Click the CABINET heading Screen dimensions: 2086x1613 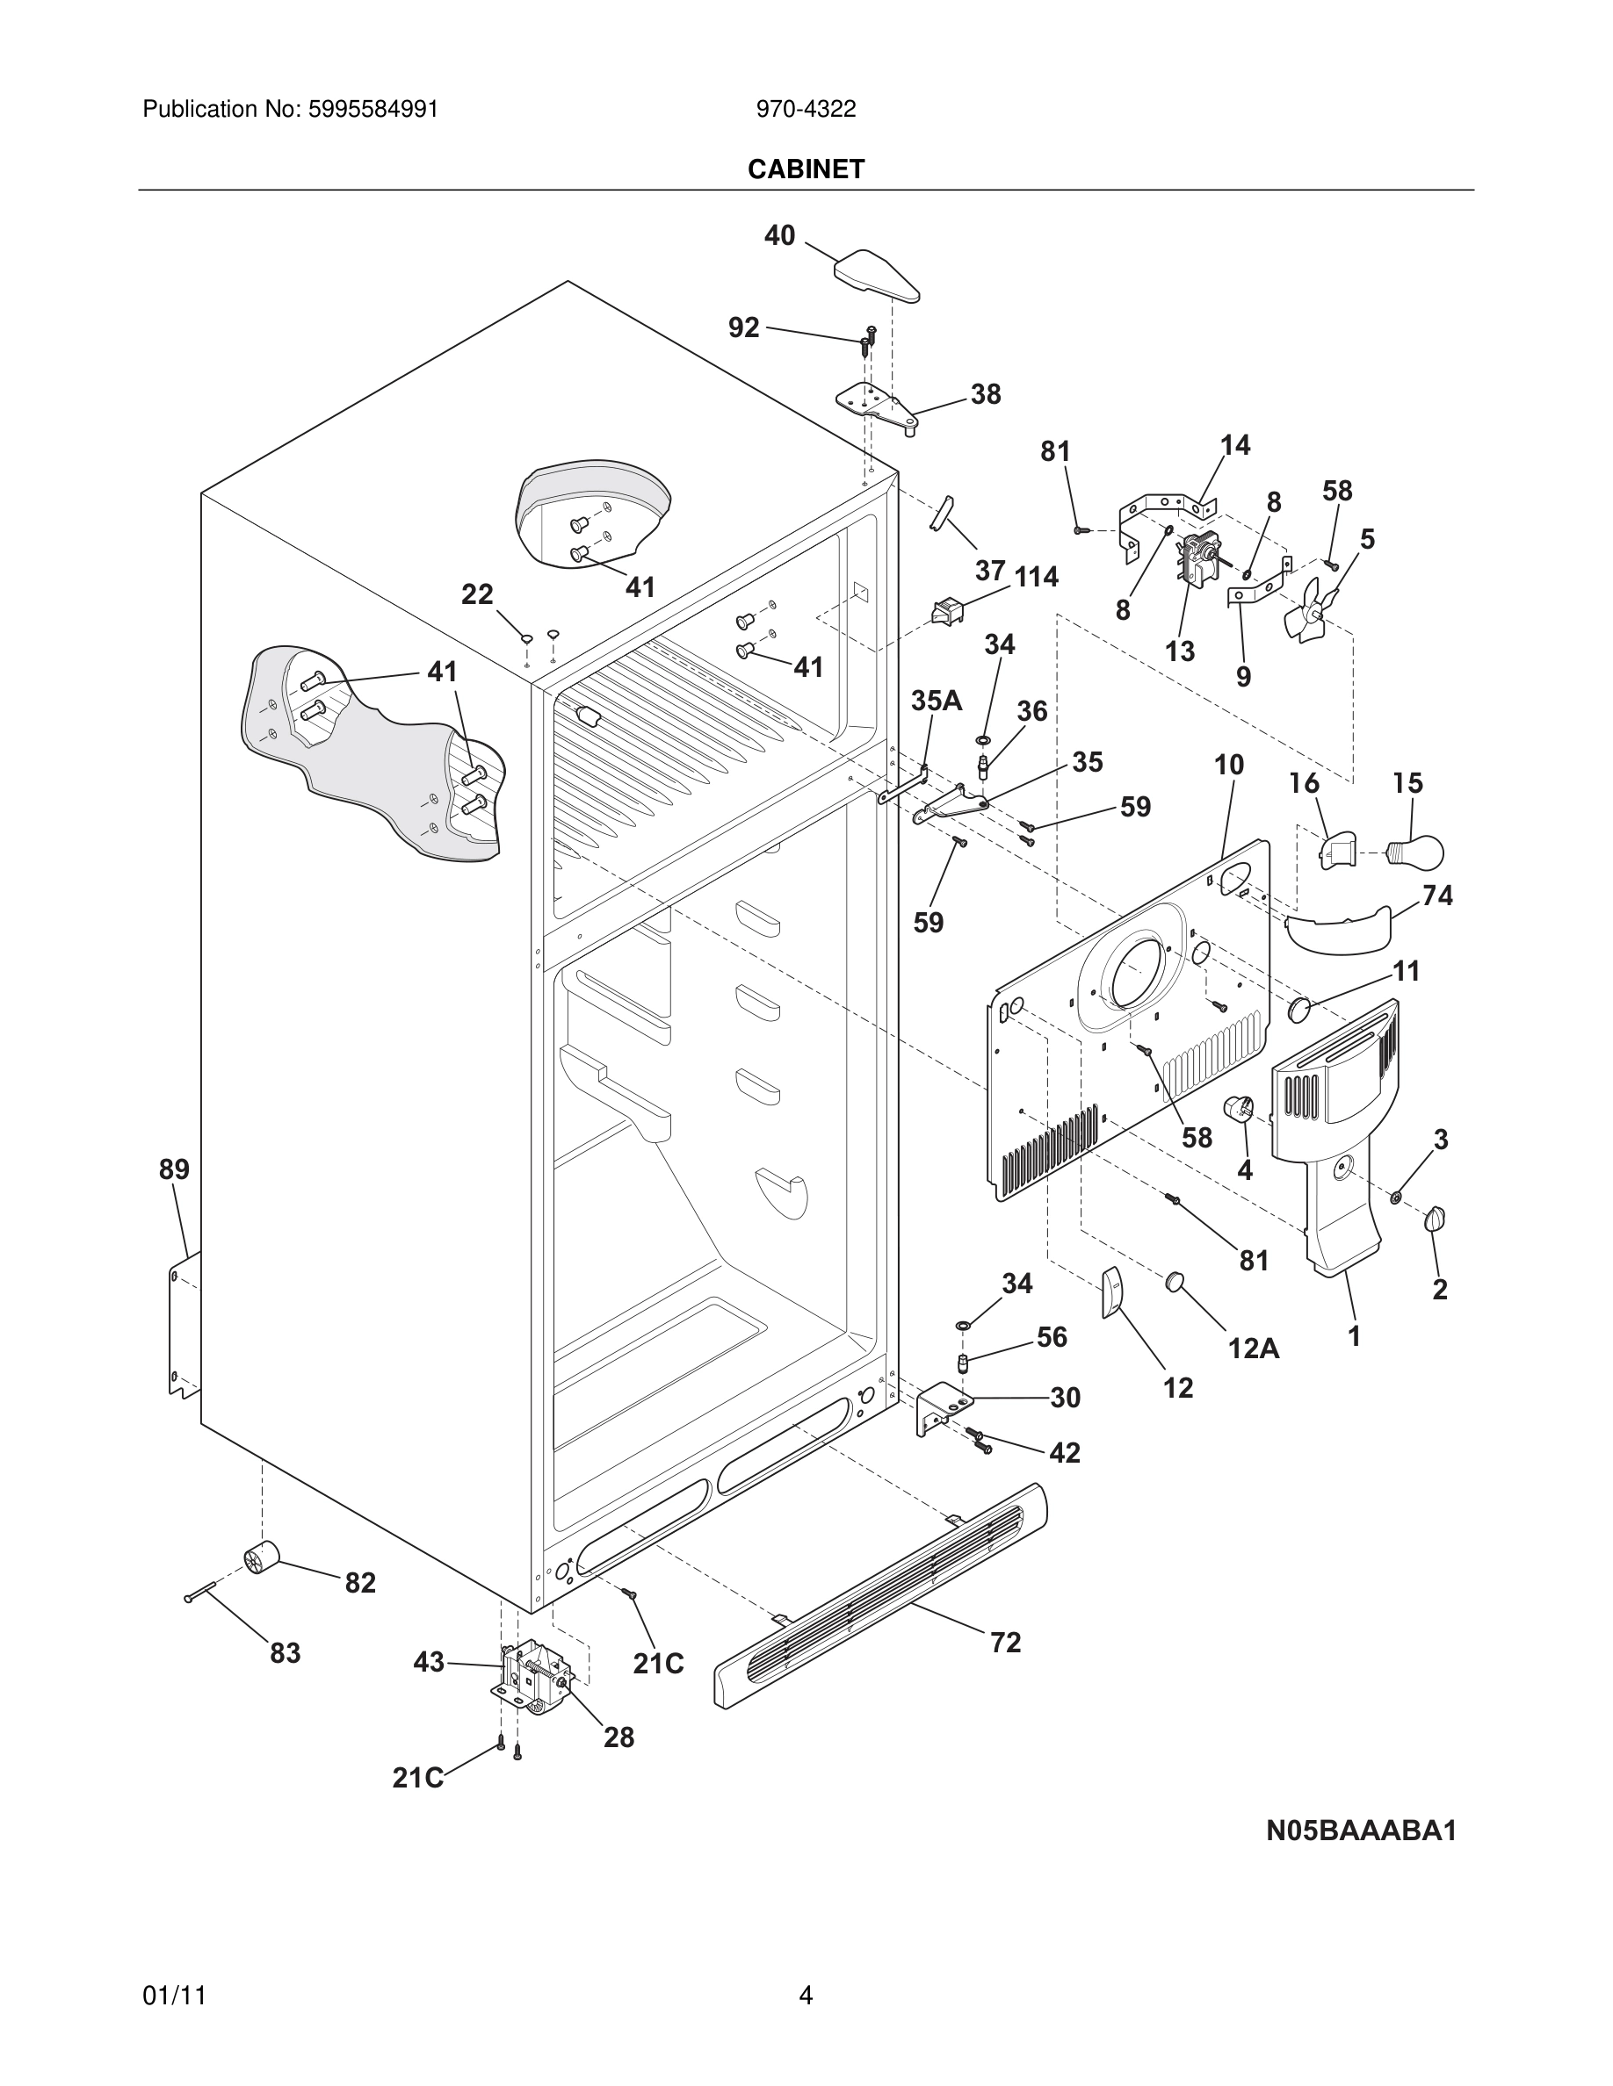806,169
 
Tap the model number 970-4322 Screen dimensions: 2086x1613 806,109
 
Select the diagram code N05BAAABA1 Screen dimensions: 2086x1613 1361,1831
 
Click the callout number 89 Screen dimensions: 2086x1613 174,1169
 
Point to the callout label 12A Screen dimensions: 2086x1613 1253,1348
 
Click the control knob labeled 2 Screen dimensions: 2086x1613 1435,1219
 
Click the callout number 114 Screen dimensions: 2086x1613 1036,576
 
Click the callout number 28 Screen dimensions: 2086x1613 618,1737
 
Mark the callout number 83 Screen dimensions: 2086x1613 285,1652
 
